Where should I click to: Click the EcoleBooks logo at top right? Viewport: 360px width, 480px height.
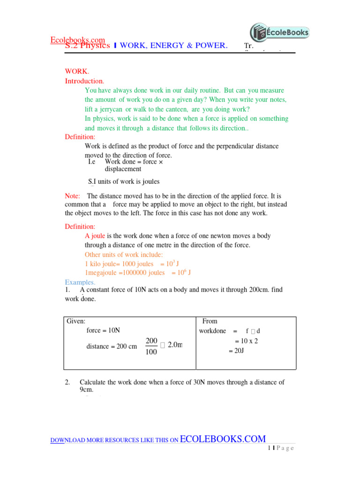[x=279, y=33]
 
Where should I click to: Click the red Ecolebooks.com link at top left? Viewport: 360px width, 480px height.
[x=77, y=40]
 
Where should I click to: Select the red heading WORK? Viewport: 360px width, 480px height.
[x=76, y=71]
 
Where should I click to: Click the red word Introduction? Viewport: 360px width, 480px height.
[x=84, y=81]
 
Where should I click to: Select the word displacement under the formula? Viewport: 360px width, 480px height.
[x=123, y=169]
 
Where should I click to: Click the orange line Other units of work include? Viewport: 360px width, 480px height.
[x=124, y=255]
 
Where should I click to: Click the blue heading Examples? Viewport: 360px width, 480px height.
[x=80, y=282]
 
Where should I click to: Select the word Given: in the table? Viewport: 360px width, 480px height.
[x=76, y=321]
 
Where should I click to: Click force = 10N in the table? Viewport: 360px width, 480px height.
[x=104, y=330]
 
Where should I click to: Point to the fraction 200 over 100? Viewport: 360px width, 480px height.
[x=151, y=346]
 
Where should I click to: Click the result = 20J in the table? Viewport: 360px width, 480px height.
[x=236, y=351]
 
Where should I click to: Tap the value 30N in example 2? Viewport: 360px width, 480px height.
[x=199, y=382]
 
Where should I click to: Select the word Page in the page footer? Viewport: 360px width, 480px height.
[x=285, y=448]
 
